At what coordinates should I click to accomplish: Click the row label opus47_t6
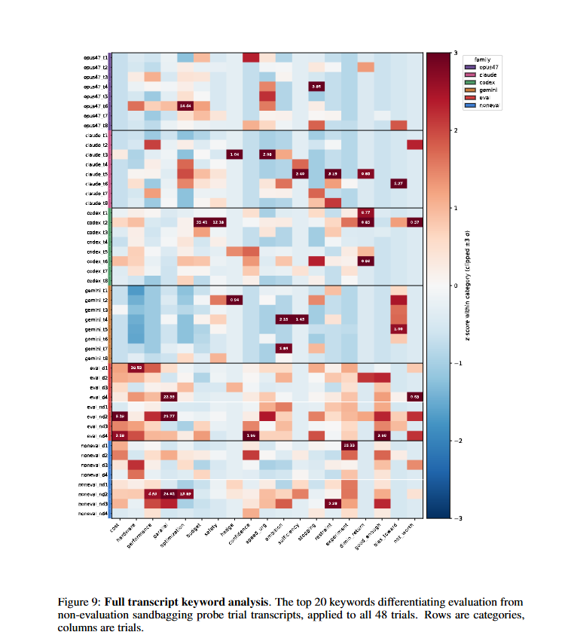[x=97, y=106]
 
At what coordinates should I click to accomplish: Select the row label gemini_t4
[x=97, y=319]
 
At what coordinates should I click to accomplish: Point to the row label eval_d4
[x=99, y=397]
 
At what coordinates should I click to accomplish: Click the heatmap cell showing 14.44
[x=185, y=106]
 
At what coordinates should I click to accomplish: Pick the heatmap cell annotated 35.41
[x=202, y=222]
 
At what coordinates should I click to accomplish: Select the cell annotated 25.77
[x=169, y=417]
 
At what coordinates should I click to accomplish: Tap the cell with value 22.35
[x=169, y=397]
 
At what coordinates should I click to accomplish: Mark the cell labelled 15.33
[x=350, y=446]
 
